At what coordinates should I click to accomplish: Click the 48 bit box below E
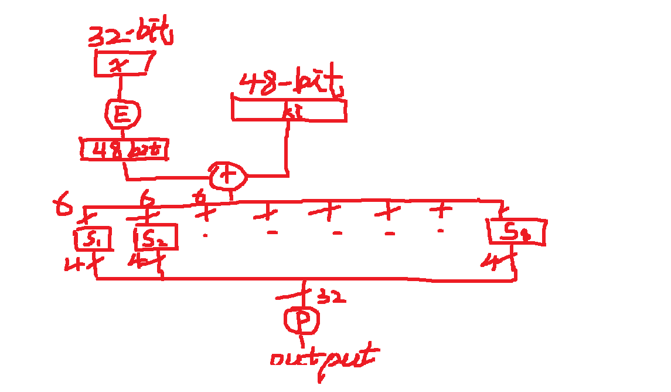(124, 150)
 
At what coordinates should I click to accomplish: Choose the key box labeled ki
(289, 110)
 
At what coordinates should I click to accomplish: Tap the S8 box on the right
(517, 233)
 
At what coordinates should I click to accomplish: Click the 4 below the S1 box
(74, 265)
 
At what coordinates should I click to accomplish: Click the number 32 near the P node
(331, 298)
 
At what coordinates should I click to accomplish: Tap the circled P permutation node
(302, 320)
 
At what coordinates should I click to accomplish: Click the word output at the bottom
(322, 358)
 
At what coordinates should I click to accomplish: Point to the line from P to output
(302, 339)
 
